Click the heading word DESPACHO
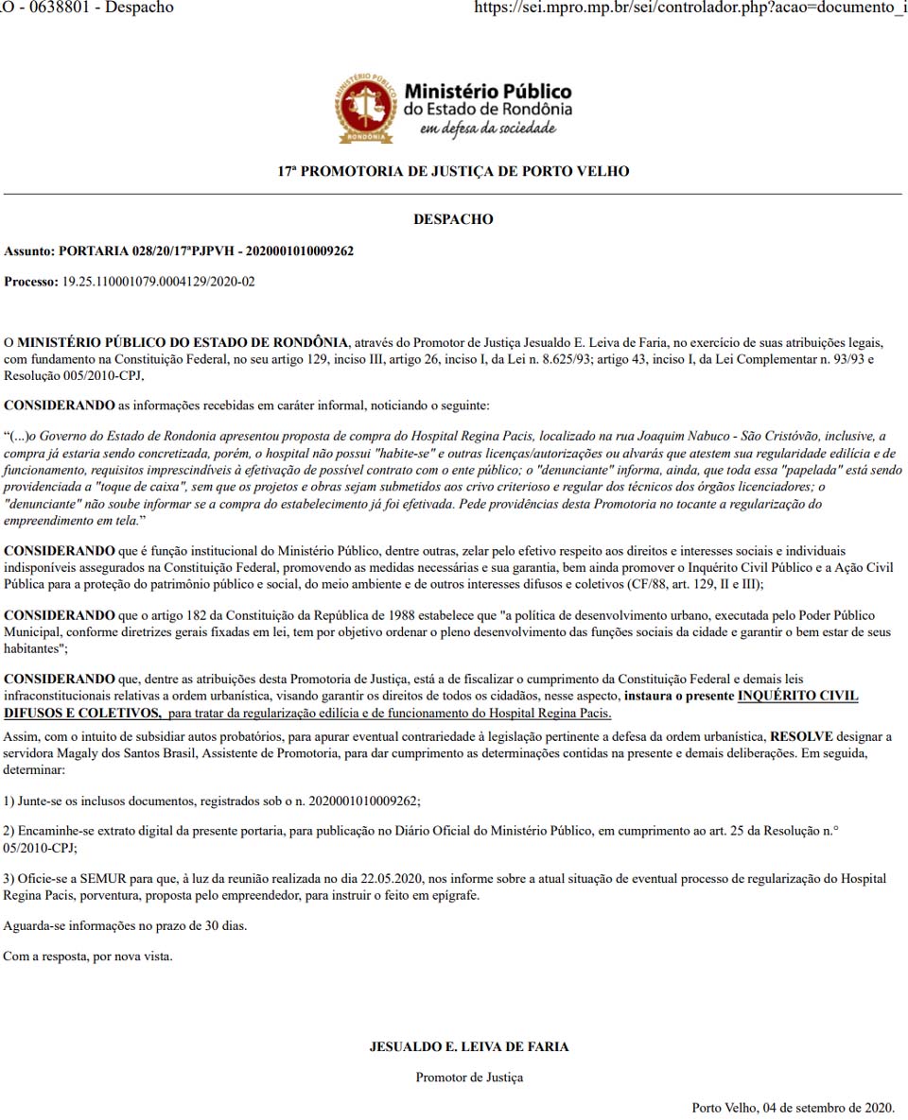point(453,219)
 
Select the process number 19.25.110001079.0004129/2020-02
point(158,282)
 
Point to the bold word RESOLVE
point(801,735)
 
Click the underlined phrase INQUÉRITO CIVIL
point(797,696)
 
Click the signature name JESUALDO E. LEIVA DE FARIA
point(468,1046)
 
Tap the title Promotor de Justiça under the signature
point(468,1077)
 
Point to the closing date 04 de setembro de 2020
point(821,1107)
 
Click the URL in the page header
point(689,8)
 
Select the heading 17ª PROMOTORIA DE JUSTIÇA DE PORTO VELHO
point(453,172)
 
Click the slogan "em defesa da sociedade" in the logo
point(488,128)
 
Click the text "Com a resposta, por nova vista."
point(88,956)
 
